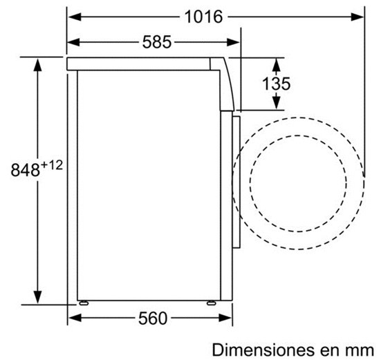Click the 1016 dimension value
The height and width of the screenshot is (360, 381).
point(203,17)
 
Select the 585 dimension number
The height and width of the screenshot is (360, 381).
point(157,42)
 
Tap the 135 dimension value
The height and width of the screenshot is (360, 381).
point(277,84)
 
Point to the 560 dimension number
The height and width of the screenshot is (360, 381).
point(153,319)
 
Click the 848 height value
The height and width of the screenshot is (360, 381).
point(26,170)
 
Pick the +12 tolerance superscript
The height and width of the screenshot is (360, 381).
point(52,165)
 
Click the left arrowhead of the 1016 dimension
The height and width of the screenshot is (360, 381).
point(75,17)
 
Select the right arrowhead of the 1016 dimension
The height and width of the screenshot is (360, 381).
point(357,17)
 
